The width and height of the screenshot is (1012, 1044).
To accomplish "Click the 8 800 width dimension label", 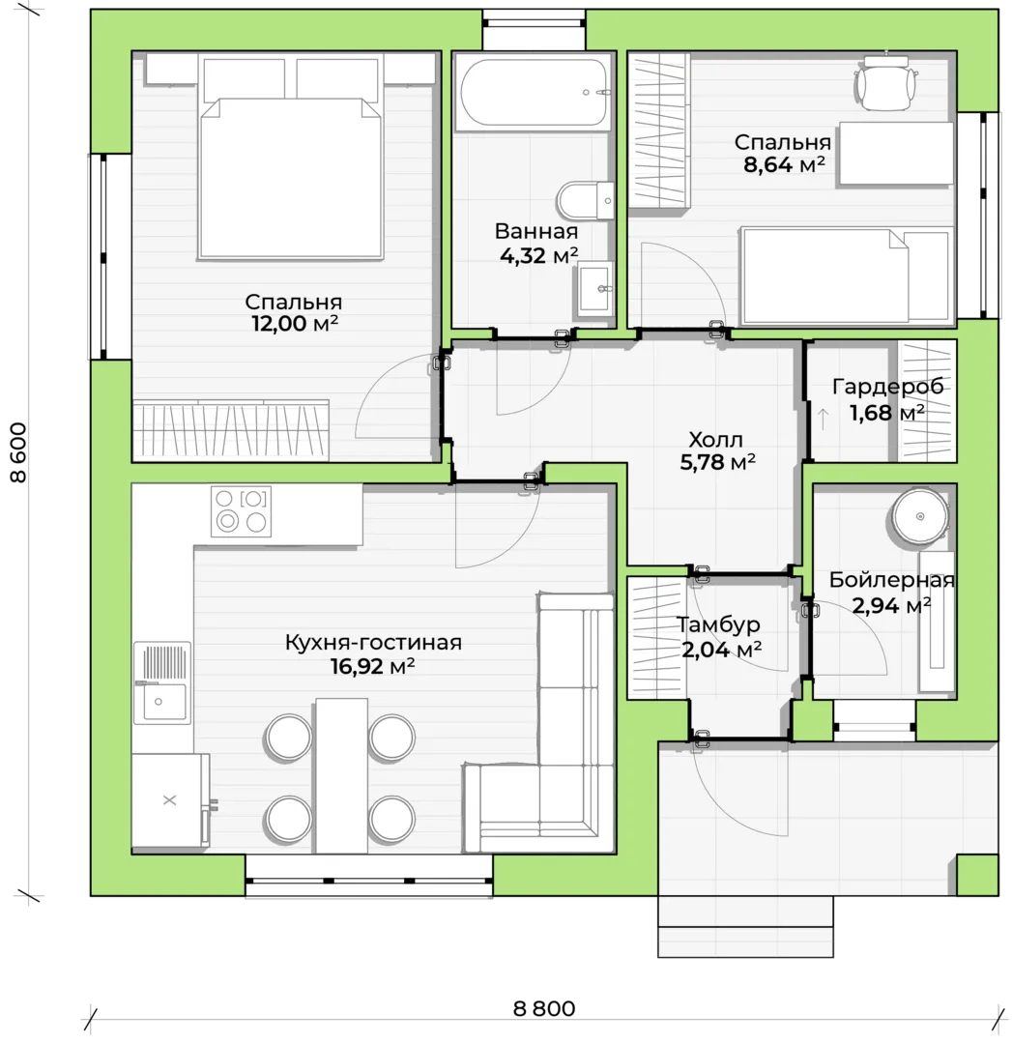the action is [x=544, y=1008].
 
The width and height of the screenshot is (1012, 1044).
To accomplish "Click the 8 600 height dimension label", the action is [x=19, y=452].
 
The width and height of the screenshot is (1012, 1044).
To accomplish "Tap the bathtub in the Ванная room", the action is [x=533, y=93].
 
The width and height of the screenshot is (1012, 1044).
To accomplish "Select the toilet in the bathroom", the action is [x=586, y=200].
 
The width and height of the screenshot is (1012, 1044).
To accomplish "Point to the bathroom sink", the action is [x=594, y=289].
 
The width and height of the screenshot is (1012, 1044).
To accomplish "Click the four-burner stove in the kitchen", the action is [x=241, y=510].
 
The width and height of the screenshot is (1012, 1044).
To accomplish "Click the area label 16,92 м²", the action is [x=373, y=666].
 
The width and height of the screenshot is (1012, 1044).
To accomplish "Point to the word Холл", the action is [x=715, y=440].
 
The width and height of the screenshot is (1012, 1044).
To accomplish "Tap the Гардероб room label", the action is [x=887, y=386].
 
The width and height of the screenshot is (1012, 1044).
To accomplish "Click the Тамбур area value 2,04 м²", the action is [x=722, y=649].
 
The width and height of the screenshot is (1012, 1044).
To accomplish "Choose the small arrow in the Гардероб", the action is [x=823, y=419].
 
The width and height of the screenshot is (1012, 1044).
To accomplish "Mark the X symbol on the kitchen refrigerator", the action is [x=170, y=799].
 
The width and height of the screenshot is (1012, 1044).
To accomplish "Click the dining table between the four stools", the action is [x=341, y=775].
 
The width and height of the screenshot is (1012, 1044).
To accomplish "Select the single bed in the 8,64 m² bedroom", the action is [x=846, y=275].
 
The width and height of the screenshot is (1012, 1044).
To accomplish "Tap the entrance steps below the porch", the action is [x=745, y=926].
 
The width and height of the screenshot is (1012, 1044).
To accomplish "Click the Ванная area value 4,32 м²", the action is [x=538, y=255].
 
